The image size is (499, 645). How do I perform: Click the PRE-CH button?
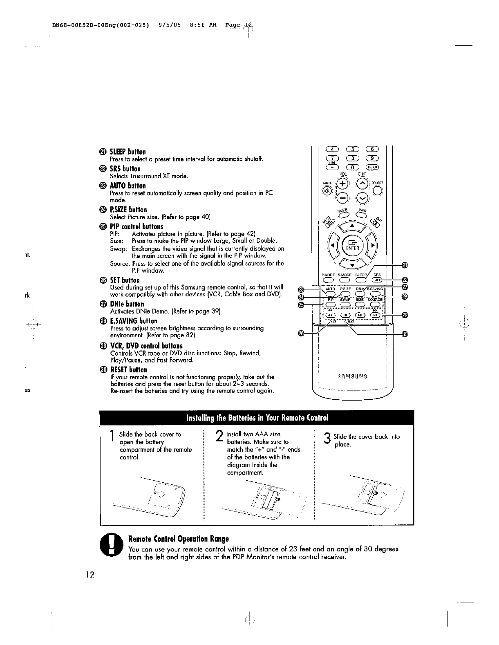click(x=372, y=167)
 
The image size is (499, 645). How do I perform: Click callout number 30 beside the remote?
click(x=405, y=334)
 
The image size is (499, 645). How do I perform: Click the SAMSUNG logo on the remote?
click(x=353, y=376)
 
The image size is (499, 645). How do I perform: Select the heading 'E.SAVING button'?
click(x=134, y=321)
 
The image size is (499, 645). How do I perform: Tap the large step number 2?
click(x=219, y=438)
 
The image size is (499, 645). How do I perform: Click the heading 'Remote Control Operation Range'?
click(x=179, y=539)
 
